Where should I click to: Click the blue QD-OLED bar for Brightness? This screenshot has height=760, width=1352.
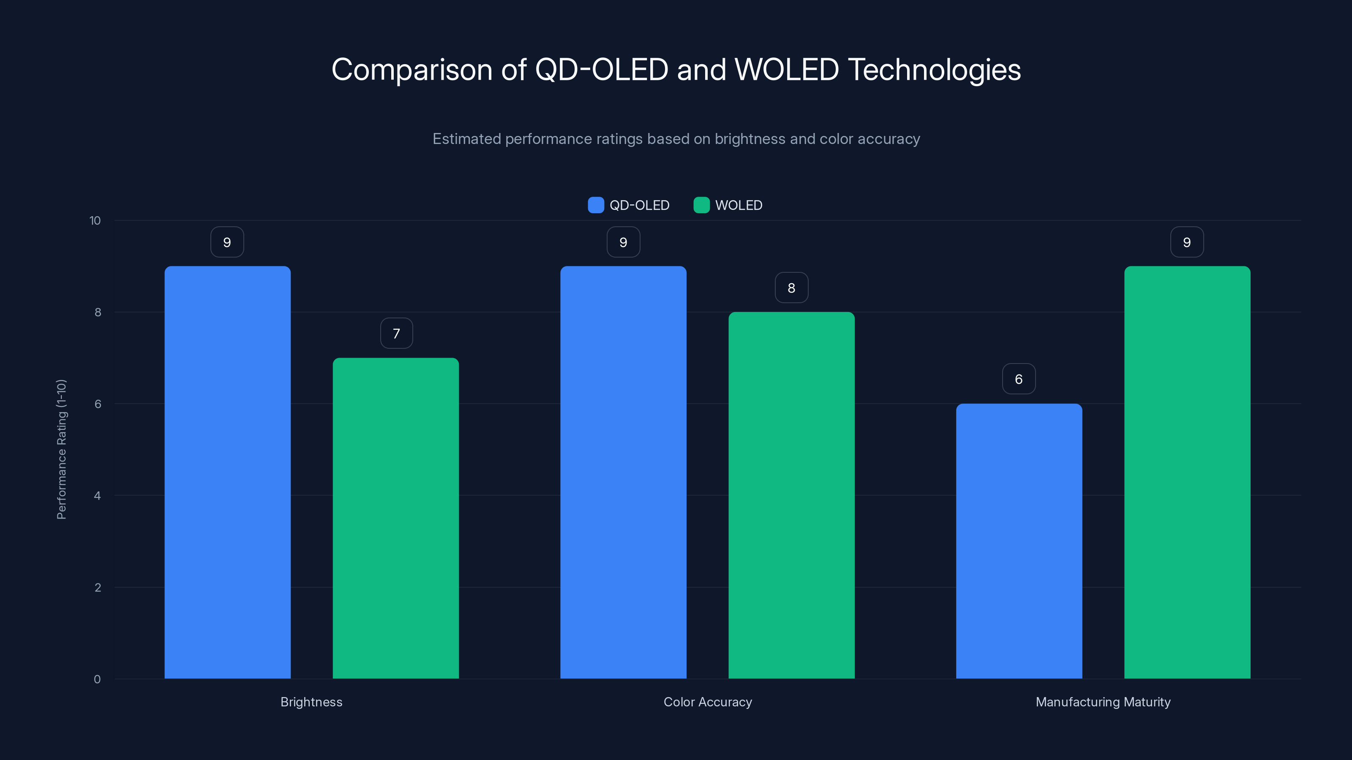(227, 472)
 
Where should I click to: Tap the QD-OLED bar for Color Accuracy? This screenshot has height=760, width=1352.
(623, 472)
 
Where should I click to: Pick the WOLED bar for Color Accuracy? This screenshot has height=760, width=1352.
(791, 495)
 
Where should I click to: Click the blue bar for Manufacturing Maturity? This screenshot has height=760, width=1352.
(1019, 541)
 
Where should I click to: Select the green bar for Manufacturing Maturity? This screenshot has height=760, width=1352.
(1187, 472)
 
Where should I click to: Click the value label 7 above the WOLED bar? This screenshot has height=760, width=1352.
(396, 333)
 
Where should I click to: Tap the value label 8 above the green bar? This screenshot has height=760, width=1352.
(791, 288)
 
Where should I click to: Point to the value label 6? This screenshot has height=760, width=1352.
(1019, 379)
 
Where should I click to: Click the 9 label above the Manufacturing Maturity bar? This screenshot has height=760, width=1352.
(1187, 242)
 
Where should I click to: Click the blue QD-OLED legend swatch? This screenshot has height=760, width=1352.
(596, 205)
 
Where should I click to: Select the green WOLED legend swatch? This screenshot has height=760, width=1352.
(701, 205)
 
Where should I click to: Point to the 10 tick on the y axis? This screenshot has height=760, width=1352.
(95, 220)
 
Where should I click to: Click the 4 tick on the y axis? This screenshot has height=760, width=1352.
(97, 496)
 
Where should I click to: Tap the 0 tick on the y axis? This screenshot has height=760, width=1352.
(97, 679)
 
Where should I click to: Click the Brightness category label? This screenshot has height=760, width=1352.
(311, 702)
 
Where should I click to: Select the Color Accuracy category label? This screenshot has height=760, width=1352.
(708, 702)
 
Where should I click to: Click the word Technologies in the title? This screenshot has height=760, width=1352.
(934, 70)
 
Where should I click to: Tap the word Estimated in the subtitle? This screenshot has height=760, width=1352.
(466, 139)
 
